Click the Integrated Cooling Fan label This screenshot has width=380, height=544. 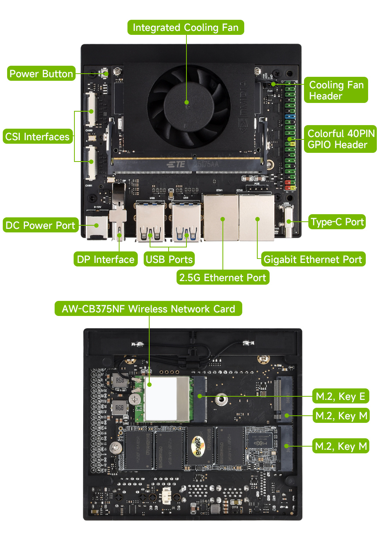[186, 28]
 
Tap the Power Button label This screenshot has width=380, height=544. [41, 74]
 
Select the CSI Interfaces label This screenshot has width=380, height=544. [38, 137]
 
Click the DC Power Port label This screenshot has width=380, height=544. [40, 225]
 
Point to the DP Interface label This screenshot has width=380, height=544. [106, 259]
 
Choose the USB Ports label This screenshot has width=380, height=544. [169, 259]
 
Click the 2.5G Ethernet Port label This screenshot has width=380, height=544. [222, 278]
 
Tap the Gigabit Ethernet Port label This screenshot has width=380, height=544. [313, 259]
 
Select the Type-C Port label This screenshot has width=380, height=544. [337, 222]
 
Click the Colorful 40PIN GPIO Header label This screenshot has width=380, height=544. [340, 139]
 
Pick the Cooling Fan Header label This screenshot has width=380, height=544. [336, 90]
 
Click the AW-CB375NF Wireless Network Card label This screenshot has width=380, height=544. [148, 309]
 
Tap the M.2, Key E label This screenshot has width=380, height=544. [340, 396]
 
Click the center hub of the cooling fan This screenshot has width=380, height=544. [186, 103]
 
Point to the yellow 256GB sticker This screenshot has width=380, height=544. [198, 446]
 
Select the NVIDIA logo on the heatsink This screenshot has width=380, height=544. [243, 107]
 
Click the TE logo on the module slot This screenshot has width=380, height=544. [177, 164]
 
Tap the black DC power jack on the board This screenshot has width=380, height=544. [97, 227]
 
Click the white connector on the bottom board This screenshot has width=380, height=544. [167, 495]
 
